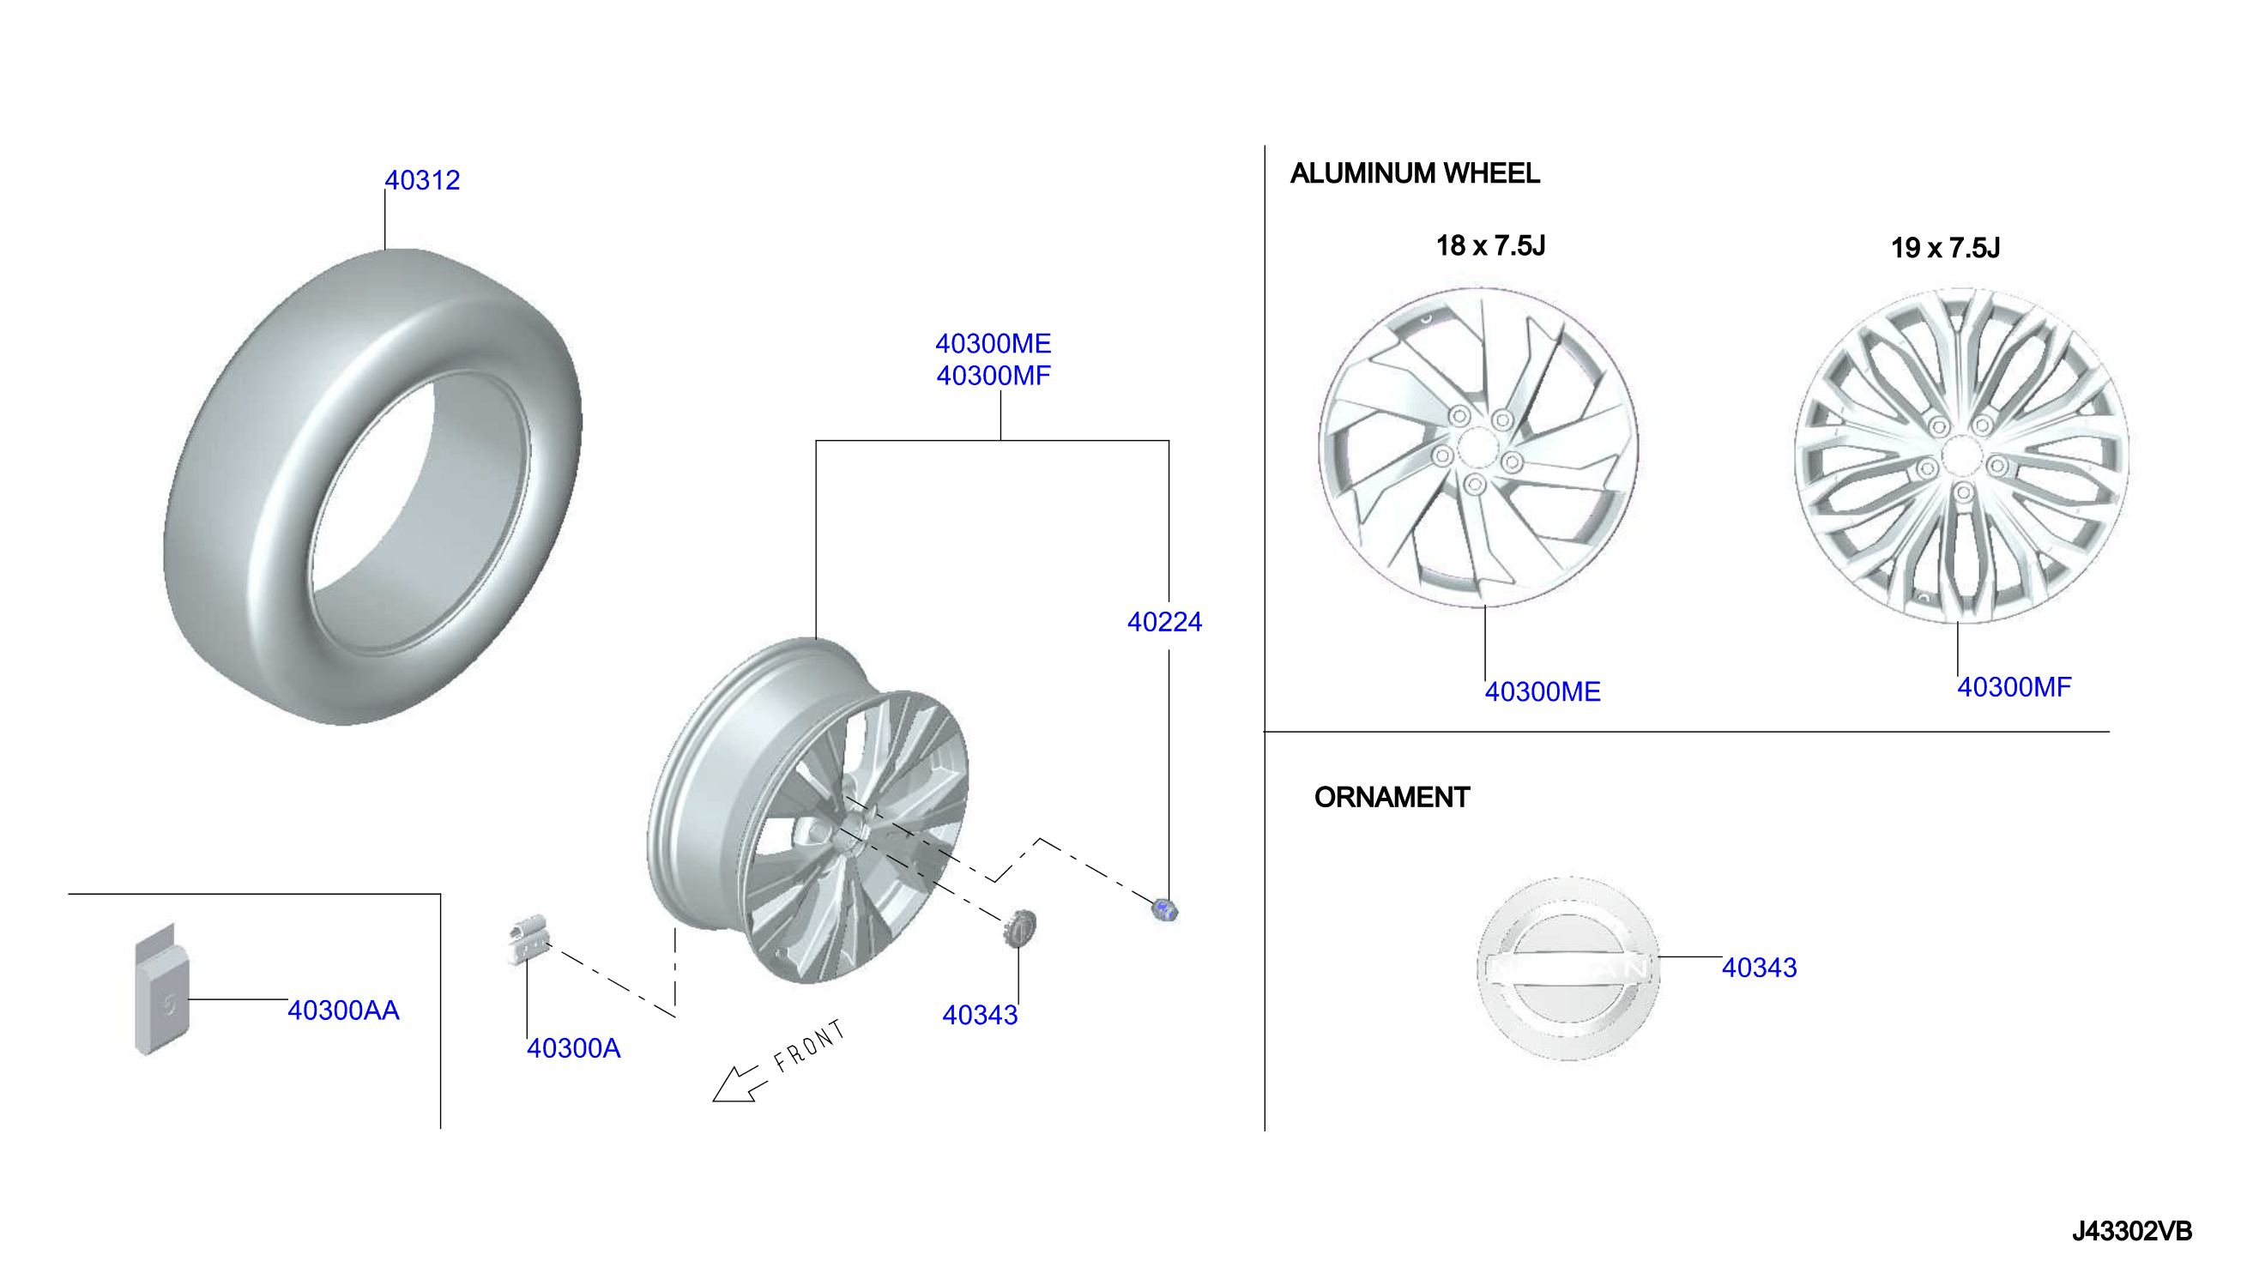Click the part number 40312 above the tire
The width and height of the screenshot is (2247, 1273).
point(422,180)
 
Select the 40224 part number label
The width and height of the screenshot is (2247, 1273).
point(1164,622)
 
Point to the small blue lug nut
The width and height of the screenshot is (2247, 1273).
point(1165,910)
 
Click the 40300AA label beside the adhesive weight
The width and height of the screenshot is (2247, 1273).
point(343,1010)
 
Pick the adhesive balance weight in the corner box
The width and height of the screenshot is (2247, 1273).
point(162,990)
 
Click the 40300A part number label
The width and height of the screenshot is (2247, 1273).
point(574,1047)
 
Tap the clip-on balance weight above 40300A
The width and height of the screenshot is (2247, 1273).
point(529,939)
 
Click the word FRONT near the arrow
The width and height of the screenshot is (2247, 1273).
point(810,1045)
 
